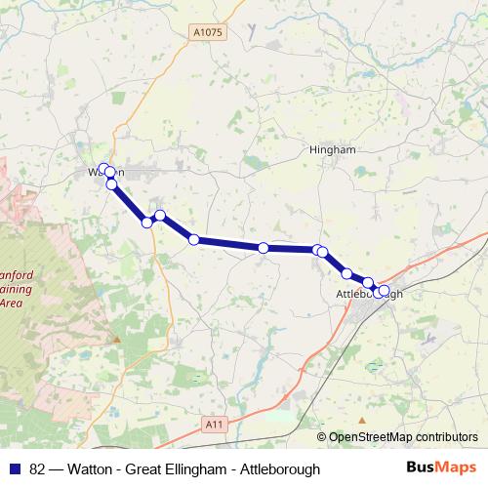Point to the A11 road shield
[216, 423]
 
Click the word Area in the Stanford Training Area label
[11, 303]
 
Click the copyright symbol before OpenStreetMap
[321, 437]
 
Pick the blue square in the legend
[15, 469]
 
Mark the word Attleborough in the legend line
[258, 469]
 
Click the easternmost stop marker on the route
[384, 290]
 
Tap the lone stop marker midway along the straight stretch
[264, 248]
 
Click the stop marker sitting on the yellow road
[147, 223]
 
